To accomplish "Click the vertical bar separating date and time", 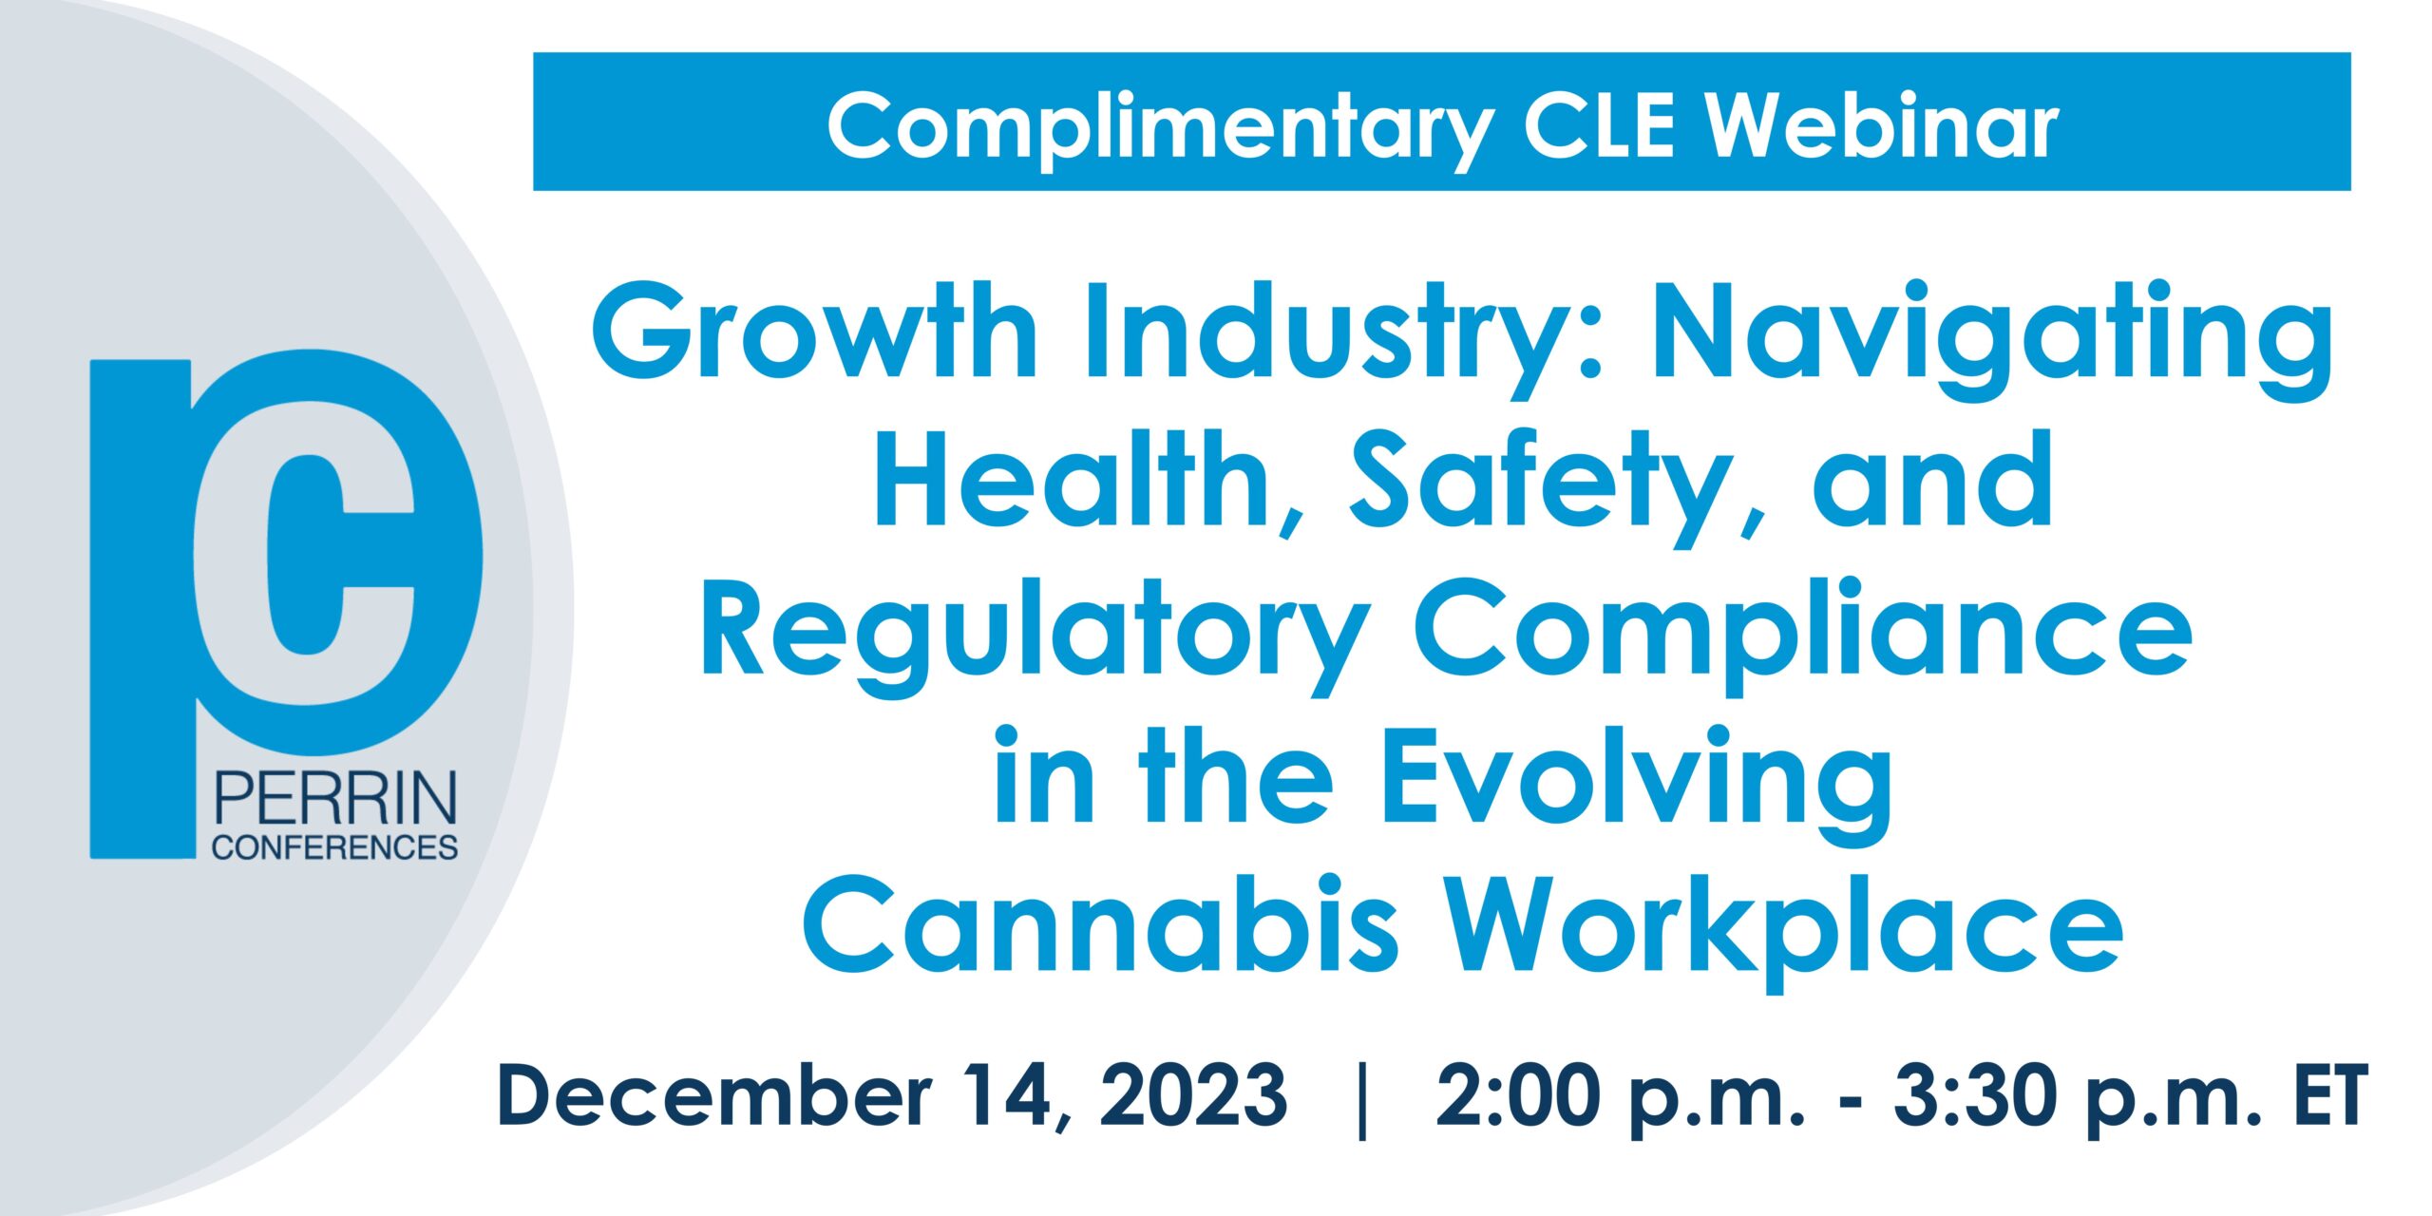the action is (x=1363, y=1101).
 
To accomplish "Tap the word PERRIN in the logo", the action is (x=335, y=799).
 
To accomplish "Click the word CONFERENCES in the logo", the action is (x=335, y=847).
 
